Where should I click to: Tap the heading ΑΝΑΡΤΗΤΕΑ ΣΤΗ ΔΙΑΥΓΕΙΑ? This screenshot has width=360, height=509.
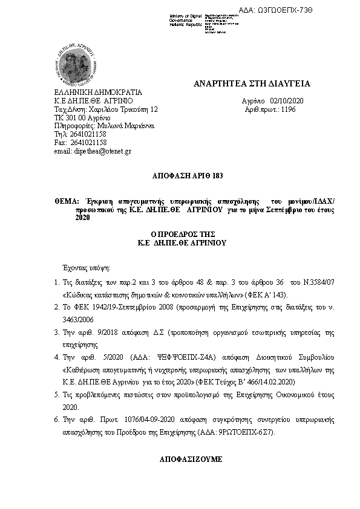click(x=252, y=83)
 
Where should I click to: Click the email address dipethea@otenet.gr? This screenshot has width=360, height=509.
click(x=93, y=151)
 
